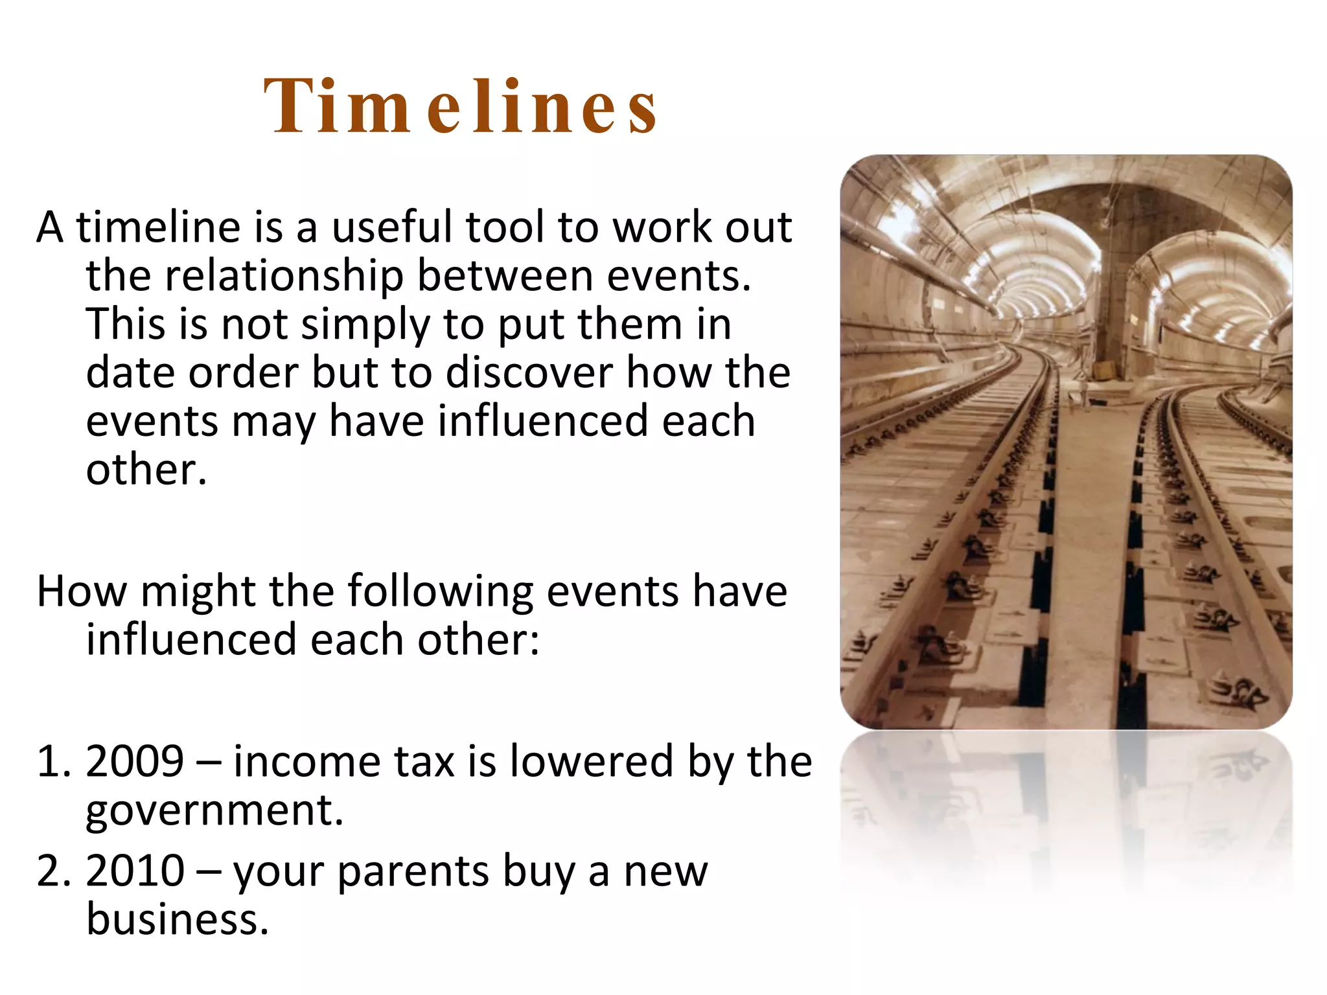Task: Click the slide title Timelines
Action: pos(461,107)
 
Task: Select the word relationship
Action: pos(284,276)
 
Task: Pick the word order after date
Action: pos(243,372)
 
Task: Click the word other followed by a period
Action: pos(146,470)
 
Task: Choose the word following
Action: pos(440,592)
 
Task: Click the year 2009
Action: pos(135,761)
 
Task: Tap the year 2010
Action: pos(135,871)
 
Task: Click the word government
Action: pos(214,810)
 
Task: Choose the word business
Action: pos(177,919)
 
